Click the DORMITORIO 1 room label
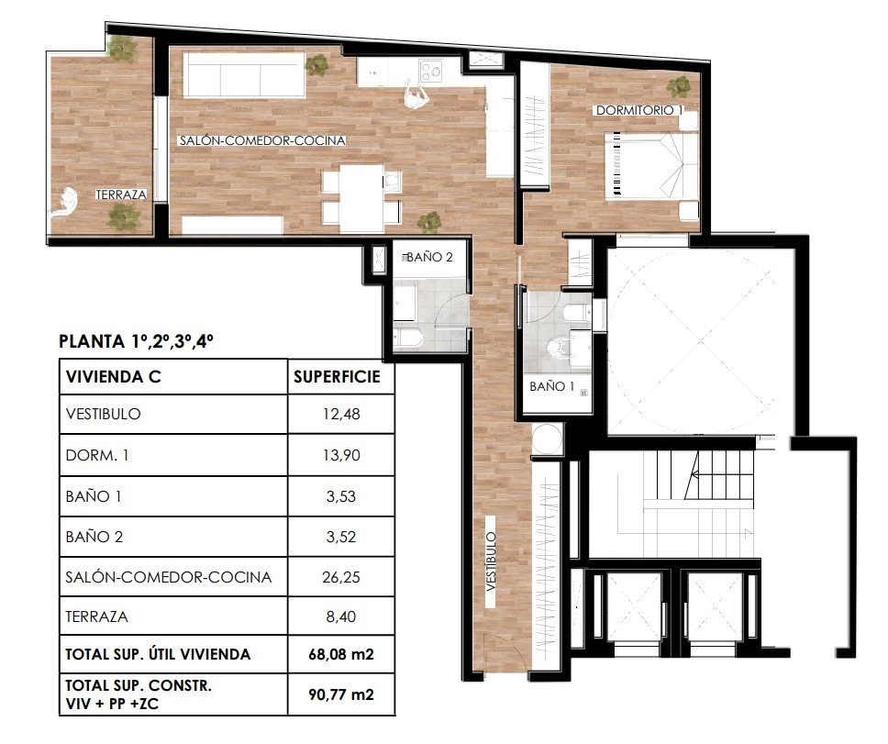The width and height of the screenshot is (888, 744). [639, 110]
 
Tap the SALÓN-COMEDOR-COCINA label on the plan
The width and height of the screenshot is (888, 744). [262, 140]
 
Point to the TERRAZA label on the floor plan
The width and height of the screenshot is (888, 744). [121, 194]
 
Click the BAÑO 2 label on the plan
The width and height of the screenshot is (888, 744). [429, 257]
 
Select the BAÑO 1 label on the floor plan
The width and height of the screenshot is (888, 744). [551, 387]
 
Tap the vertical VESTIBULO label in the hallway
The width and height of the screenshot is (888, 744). [491, 561]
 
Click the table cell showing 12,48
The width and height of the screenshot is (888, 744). [341, 415]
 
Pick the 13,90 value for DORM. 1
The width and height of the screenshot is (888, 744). [341, 455]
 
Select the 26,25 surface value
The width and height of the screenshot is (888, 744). [341, 578]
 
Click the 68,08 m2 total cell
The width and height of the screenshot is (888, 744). [341, 654]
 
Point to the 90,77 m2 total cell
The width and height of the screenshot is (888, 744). [341, 694]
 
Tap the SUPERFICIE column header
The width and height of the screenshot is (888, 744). [337, 377]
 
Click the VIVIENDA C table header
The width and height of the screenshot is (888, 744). [113, 377]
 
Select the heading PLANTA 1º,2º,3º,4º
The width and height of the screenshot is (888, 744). [136, 341]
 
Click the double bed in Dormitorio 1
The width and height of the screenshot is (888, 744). [651, 165]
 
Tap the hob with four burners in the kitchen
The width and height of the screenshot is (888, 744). [431, 72]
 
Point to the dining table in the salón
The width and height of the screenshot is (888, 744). [361, 197]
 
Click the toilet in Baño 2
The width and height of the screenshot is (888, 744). [407, 338]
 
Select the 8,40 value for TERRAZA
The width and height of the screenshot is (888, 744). [341, 616]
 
